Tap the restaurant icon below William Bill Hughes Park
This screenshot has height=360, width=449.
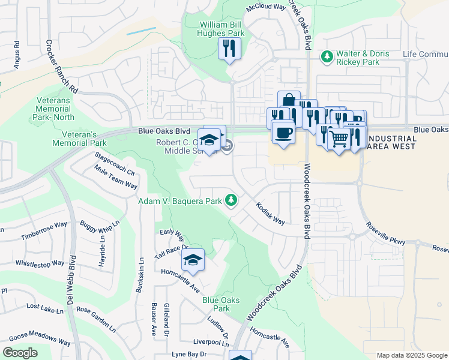coord(229,49)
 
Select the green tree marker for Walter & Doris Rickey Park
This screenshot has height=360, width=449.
coord(327,57)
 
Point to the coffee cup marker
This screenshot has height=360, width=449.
coord(282,133)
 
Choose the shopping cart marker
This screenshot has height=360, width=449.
coord(339,139)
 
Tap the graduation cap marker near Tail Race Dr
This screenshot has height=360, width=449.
coord(193,260)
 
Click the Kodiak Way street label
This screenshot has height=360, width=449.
coord(270,213)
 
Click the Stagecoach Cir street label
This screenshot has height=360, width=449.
coord(113,163)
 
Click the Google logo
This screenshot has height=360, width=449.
coord(20,352)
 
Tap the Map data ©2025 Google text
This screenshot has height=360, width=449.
coord(411,355)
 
